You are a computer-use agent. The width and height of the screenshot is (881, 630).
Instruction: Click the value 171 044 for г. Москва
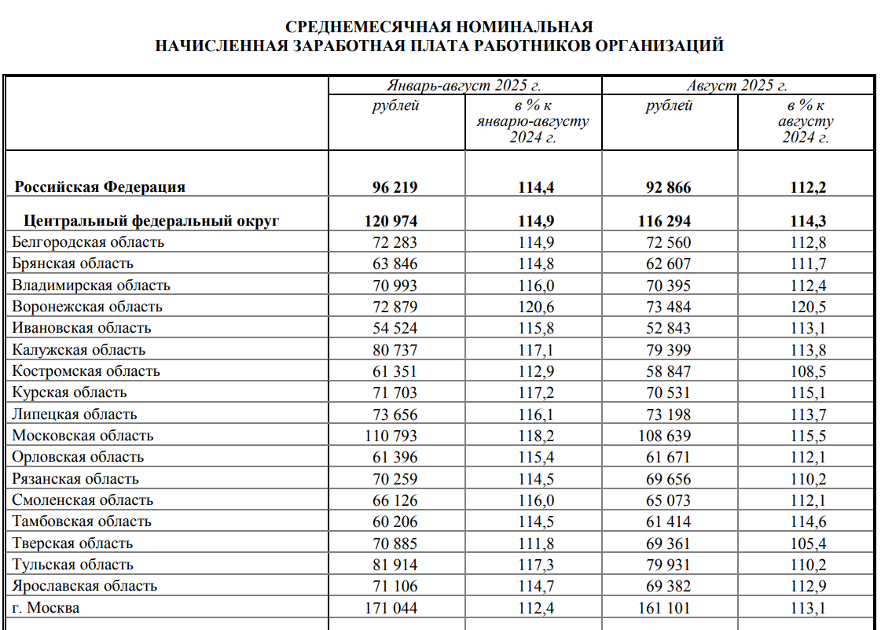(391, 608)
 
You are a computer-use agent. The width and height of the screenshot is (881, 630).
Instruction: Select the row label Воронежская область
(87, 307)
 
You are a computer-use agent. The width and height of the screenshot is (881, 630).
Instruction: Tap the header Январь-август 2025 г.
(464, 86)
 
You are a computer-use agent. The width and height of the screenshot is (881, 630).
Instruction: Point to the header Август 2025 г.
(737, 86)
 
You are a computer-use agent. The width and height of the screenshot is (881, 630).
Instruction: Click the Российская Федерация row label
(101, 187)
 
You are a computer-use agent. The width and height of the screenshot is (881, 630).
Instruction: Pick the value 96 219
(395, 187)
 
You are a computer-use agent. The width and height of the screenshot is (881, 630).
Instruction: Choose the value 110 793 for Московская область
(391, 436)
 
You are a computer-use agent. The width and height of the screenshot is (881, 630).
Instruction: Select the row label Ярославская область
(85, 586)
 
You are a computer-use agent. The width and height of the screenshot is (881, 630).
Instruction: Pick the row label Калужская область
(79, 350)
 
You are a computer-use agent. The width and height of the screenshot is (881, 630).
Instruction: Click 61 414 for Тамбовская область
(669, 521)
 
